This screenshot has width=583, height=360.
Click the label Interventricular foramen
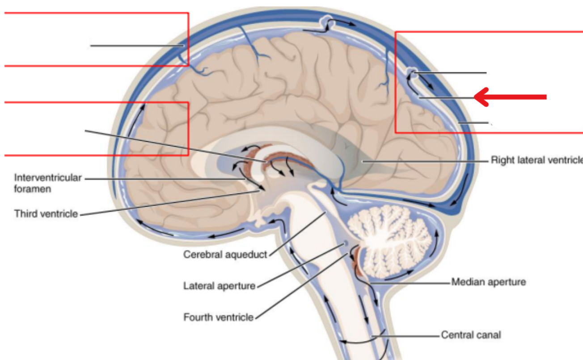(48, 183)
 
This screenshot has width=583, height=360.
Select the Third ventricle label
(46, 213)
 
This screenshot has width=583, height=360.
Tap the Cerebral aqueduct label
(225, 254)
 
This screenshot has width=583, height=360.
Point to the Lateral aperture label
(219, 285)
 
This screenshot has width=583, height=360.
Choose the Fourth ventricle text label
(219, 318)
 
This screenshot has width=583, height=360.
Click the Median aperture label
(489, 282)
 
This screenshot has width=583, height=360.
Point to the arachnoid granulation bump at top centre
(326, 20)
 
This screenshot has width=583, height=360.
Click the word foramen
(32, 189)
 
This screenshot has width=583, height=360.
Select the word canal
(490, 335)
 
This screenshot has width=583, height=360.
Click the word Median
(466, 282)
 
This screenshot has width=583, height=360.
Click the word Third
(25, 213)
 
